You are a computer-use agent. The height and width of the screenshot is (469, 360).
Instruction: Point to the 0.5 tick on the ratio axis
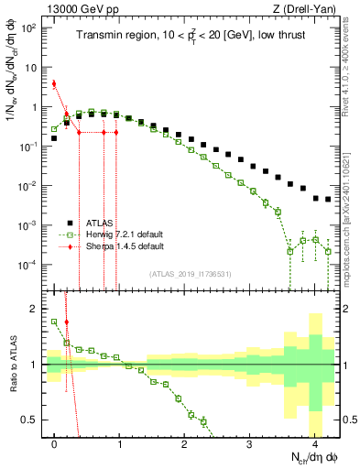pos(34,420)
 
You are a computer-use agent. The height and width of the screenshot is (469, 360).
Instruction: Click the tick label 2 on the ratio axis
pos(38,309)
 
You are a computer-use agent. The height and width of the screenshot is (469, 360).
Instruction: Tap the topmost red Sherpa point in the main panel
pos(55,84)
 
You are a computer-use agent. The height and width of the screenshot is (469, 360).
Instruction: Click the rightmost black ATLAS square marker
pos(328,199)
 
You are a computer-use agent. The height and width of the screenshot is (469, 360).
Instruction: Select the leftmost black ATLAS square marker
pos(55,138)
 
